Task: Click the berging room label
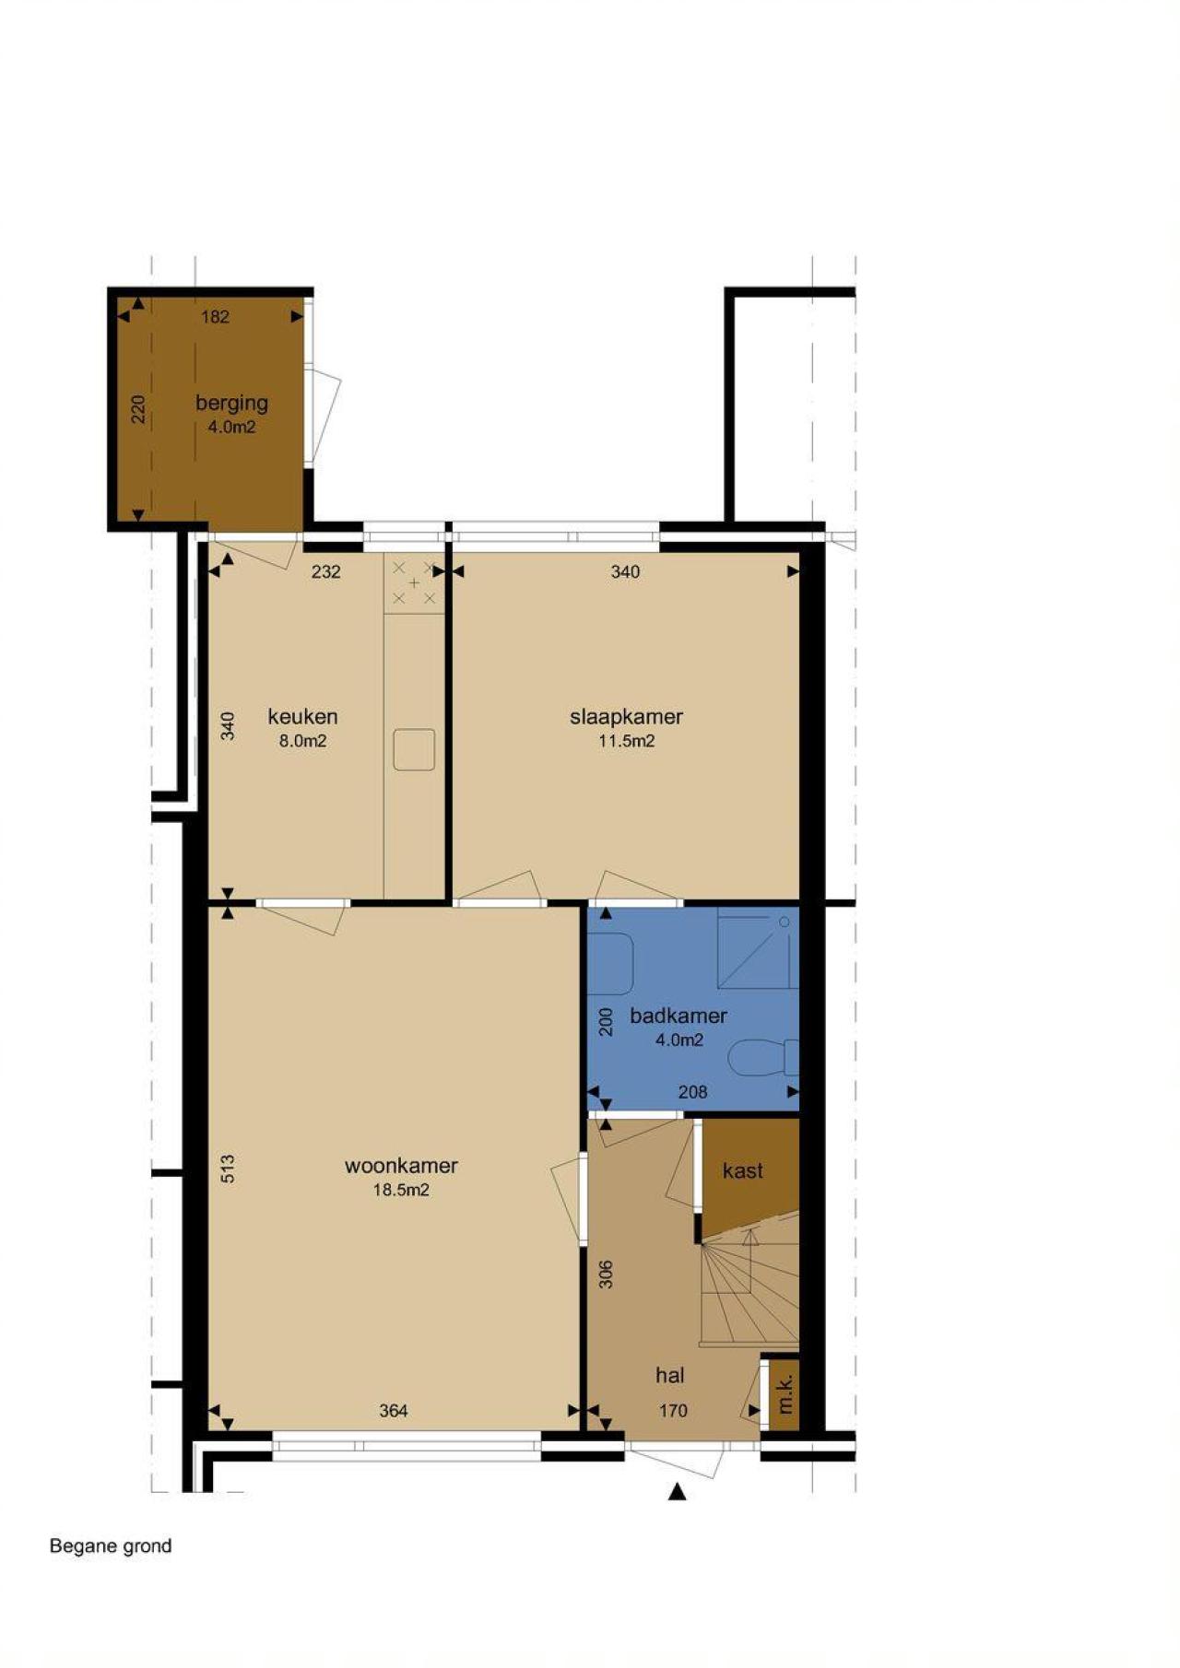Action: click(x=231, y=404)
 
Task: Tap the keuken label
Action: click(x=302, y=716)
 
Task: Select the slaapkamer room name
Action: click(x=626, y=717)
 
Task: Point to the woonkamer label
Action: click(x=401, y=1166)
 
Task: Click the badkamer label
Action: click(x=678, y=1016)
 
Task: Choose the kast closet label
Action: click(x=742, y=1170)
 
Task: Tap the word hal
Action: click(x=669, y=1375)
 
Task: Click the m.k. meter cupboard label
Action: click(x=785, y=1394)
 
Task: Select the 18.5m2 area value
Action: click(x=401, y=1190)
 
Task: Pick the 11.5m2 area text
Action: click(x=626, y=741)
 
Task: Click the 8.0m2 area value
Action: click(x=302, y=741)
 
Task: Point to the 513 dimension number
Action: click(x=228, y=1169)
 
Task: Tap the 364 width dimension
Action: click(x=394, y=1410)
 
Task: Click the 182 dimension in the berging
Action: click(x=215, y=317)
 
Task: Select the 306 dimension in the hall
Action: click(x=606, y=1274)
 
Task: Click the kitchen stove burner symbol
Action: click(x=414, y=583)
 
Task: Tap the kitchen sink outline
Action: click(x=414, y=749)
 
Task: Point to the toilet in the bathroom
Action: click(x=763, y=1058)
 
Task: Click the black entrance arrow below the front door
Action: click(x=678, y=1491)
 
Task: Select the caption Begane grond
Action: click(x=111, y=1545)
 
